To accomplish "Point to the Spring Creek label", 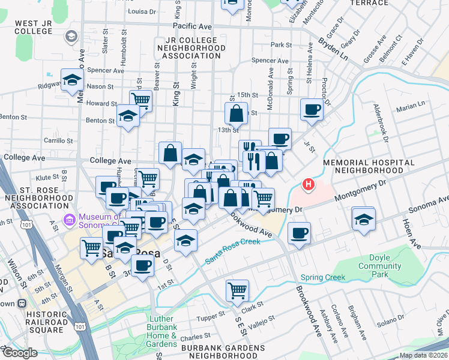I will (324, 277).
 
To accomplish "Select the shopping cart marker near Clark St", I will (238, 290).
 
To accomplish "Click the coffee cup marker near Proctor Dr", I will (312, 109).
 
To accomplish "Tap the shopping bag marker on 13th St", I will (237, 112).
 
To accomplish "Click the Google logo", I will (19, 353).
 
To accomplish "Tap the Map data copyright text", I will (422, 355).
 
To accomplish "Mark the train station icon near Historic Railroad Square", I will (22, 303).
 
